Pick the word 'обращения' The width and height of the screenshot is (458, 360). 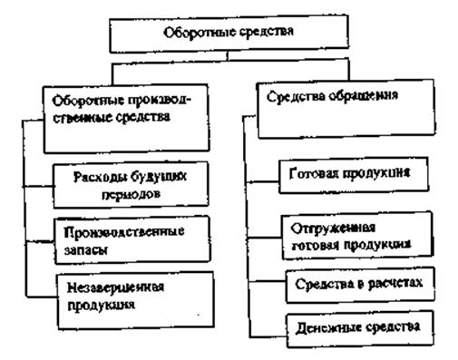[x=371, y=92]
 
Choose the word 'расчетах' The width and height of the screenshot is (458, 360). [x=394, y=283]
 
